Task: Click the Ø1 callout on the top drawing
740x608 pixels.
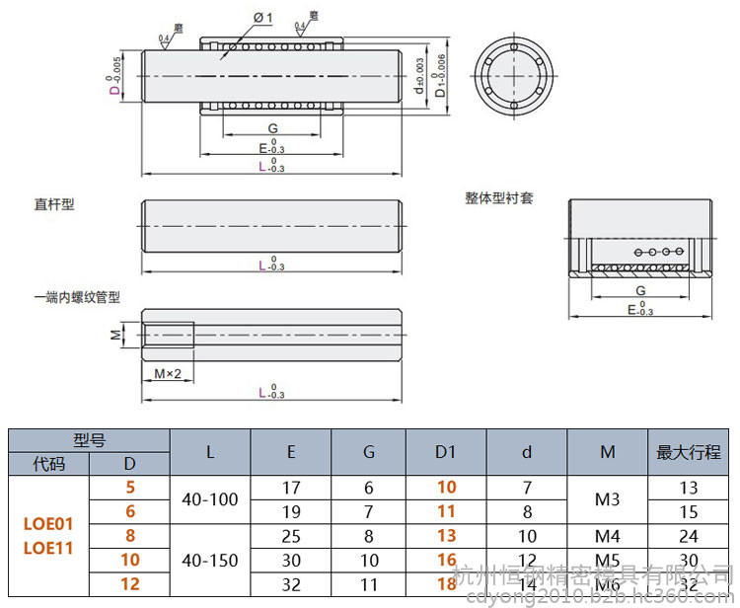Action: coord(261,18)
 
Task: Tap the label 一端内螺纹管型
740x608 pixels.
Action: coord(77,297)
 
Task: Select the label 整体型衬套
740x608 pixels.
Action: coord(499,197)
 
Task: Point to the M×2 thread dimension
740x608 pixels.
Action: coord(168,373)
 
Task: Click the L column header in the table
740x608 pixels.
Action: coord(210,452)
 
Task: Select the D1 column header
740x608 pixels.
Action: coord(446,452)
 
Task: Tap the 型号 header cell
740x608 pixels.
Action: coord(89,440)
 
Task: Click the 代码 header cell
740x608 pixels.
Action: coord(48,463)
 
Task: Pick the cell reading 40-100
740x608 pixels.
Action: coord(210,499)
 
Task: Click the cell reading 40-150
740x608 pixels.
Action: coord(210,560)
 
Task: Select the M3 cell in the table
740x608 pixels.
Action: coord(607,499)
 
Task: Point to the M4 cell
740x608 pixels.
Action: coord(607,536)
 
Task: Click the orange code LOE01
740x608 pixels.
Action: coord(48,523)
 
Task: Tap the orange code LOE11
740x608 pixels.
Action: coord(48,548)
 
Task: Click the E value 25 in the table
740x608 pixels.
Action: coord(291,536)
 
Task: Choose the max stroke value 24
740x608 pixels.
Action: coord(689,536)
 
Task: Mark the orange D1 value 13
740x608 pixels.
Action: coord(446,536)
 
